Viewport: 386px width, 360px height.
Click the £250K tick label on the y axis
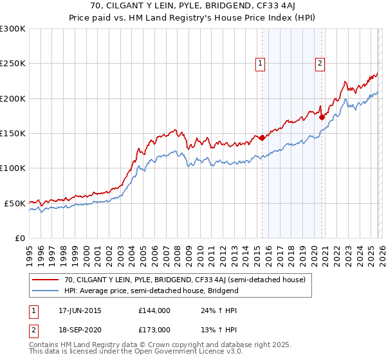point(13,64)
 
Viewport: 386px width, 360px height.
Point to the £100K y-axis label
point(13,168)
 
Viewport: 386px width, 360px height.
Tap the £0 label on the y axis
point(19,238)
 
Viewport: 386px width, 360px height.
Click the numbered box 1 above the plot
point(261,63)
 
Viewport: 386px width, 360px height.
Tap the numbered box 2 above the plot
point(320,63)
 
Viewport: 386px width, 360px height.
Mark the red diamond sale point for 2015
point(262,138)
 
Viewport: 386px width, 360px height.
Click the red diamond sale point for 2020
point(322,118)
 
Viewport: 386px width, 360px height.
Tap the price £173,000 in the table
point(154,328)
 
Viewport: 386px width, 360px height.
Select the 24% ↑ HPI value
point(210,310)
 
